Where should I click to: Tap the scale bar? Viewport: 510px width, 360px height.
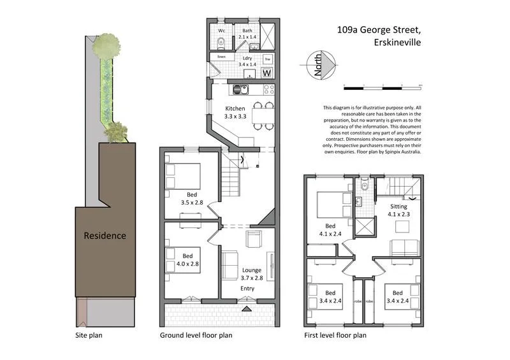pyautogui.click(x=382, y=85)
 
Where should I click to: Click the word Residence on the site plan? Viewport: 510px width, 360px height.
pyautogui.click(x=105, y=235)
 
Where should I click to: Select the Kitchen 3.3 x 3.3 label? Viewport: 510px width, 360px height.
pyautogui.click(x=239, y=113)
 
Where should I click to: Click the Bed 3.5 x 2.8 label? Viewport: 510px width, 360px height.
pyautogui.click(x=191, y=198)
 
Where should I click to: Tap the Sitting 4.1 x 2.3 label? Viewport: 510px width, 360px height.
pyautogui.click(x=400, y=210)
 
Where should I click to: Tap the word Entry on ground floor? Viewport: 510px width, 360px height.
pyautogui.click(x=247, y=289)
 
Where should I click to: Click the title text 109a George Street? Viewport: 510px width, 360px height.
pyautogui.click(x=379, y=29)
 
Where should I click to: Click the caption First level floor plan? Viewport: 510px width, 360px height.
pyautogui.click(x=335, y=335)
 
